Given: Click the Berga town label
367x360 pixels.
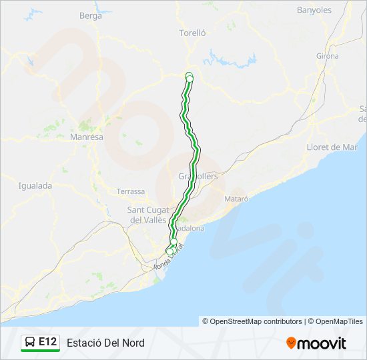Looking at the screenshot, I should tap(90, 15).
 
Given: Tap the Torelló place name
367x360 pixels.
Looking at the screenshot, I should tap(192, 32).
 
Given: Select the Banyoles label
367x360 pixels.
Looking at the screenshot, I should tap(314, 10).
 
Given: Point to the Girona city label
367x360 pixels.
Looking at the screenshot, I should tap(328, 56).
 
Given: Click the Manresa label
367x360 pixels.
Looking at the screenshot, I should tap(87, 137).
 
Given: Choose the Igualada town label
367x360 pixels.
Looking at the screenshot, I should tap(35, 186).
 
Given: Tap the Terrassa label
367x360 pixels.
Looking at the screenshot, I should tap(130, 191).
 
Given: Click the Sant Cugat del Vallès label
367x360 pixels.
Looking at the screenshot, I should tap(148, 215).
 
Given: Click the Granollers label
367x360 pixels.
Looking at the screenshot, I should tap(198, 176).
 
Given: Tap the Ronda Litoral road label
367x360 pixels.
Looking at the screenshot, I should tap(168, 259).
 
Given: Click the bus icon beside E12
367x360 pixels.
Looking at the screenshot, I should tap(30, 342).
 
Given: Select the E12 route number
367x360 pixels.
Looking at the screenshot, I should tap(47, 342).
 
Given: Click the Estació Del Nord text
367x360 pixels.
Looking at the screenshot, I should tap(105, 343).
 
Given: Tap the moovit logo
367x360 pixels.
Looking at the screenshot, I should tap(316, 343).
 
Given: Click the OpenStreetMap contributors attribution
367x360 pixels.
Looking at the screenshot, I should tap(252, 321).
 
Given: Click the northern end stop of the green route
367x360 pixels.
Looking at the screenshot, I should tap(189, 76).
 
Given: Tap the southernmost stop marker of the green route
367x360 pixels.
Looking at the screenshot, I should tap(169, 251).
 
